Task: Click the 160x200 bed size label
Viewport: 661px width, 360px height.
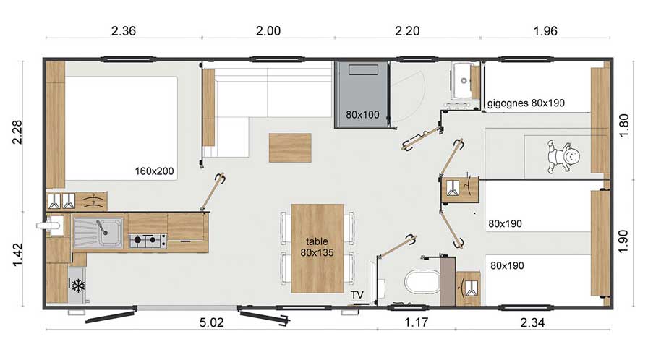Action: click(x=154, y=171)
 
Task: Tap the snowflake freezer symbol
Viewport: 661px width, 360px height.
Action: click(x=78, y=286)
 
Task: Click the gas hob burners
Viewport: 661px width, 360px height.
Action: click(x=148, y=241)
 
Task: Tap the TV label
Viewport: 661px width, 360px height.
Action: click(x=357, y=295)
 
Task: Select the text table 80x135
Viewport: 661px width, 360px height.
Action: click(x=317, y=247)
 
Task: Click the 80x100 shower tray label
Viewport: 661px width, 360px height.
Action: click(x=362, y=115)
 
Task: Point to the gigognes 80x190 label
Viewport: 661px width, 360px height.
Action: click(x=526, y=103)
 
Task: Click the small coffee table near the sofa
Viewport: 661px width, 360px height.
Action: click(x=290, y=147)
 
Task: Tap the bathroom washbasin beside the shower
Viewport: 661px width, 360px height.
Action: click(x=463, y=80)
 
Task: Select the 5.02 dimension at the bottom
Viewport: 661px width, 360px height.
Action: click(x=212, y=322)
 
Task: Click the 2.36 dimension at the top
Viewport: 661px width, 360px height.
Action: click(x=124, y=31)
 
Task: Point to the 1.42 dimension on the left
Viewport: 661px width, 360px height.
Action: click(x=17, y=254)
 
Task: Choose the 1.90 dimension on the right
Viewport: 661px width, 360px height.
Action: click(x=624, y=241)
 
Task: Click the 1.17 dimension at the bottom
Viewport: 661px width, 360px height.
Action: click(x=417, y=322)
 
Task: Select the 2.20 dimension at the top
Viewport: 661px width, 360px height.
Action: click(x=407, y=31)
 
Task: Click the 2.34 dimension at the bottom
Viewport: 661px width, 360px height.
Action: click(x=532, y=322)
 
